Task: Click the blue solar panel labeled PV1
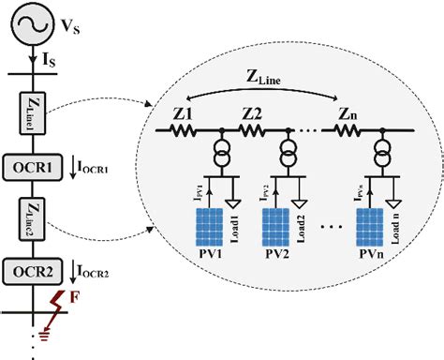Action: pyautogui.click(x=215, y=229)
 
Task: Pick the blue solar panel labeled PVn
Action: pyautogui.click(x=375, y=229)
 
